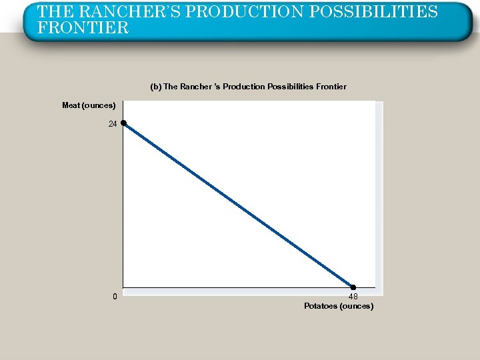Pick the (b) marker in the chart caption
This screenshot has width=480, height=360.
click(155, 87)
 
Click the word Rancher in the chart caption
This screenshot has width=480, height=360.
click(193, 87)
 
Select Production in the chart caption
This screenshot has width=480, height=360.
click(242, 87)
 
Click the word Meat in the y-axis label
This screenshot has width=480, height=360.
click(71, 105)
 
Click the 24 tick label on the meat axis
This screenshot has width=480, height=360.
click(113, 124)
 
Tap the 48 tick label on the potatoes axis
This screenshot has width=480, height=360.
click(353, 297)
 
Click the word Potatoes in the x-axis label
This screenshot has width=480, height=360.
click(321, 306)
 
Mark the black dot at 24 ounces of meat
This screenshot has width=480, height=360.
click(124, 123)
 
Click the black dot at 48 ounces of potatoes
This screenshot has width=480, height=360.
click(353, 287)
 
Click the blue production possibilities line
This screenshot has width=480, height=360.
click(239, 205)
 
